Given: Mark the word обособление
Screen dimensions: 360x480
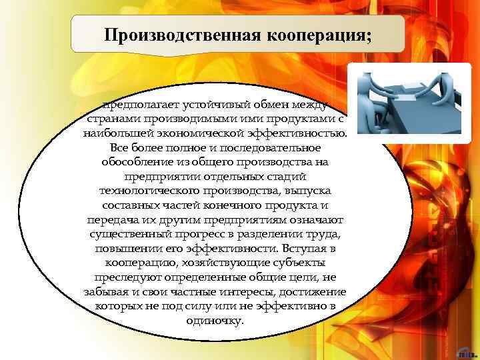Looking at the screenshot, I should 133,162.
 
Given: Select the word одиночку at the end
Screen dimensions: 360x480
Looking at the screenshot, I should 215,320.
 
